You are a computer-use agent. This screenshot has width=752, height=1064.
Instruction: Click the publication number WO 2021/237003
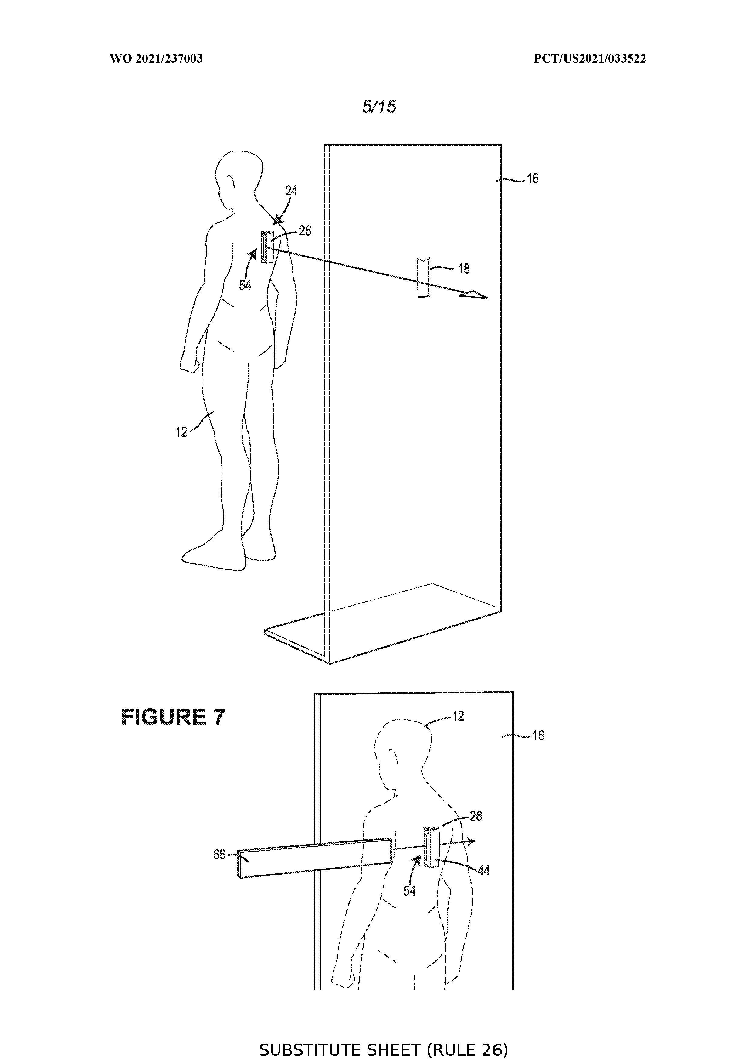[x=156, y=59]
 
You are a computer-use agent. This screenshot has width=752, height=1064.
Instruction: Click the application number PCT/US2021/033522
[x=590, y=59]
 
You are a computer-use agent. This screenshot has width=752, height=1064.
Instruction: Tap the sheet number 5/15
[x=379, y=107]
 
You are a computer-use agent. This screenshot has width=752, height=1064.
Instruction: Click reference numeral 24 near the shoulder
[x=291, y=191]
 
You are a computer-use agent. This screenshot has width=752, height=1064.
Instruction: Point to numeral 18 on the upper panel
[x=463, y=268]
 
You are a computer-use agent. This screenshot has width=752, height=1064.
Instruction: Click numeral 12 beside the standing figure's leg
[x=181, y=432]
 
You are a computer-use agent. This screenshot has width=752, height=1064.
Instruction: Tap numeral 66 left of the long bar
[x=219, y=854]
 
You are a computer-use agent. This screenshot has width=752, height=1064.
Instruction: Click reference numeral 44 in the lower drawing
[x=483, y=871]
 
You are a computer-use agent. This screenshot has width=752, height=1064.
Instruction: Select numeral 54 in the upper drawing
[x=245, y=285]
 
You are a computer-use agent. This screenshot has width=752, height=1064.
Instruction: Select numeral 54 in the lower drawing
[x=409, y=890]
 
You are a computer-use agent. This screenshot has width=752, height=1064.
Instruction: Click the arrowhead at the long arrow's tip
[x=473, y=295]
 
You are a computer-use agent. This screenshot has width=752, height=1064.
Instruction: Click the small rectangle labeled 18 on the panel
[x=423, y=277]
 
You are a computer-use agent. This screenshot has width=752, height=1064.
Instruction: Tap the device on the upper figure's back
[x=266, y=247]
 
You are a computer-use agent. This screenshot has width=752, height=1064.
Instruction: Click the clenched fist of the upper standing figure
[x=190, y=365]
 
